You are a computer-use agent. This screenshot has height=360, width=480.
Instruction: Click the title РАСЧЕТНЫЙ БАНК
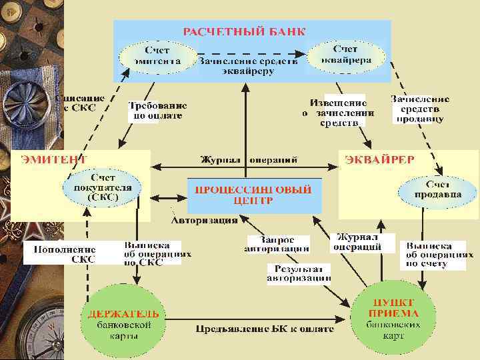tap(245, 31)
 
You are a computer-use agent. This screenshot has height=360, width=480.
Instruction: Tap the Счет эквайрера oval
tap(345, 54)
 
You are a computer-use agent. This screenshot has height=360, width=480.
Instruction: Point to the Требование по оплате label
tap(157, 110)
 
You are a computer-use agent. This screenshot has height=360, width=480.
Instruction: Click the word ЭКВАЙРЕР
tap(379, 159)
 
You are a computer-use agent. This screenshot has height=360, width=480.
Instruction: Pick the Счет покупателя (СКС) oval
tap(103, 187)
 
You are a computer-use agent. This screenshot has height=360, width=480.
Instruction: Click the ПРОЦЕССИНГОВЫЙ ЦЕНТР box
tap(253, 195)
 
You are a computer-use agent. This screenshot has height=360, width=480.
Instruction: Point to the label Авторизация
tap(205, 221)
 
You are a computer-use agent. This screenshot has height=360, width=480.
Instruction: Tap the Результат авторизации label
tap(299, 273)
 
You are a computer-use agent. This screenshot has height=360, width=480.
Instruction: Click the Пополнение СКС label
tap(59, 254)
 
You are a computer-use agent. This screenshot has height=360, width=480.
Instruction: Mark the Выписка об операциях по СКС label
tap(157, 253)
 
